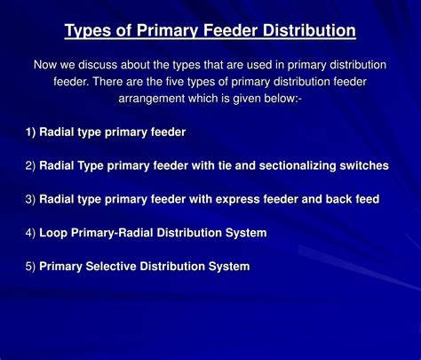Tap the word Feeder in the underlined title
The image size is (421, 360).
pos(229,30)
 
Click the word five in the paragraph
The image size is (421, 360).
pos(175,82)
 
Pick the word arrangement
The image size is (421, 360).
pos(152,99)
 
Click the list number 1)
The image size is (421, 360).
pos(30,132)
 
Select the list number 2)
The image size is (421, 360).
pos(30,166)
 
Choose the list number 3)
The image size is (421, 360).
pos(30,199)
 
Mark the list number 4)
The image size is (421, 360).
pos(30,233)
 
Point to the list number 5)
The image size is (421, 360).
pos(30,267)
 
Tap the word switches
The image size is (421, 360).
pos(364,165)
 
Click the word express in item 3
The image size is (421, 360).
pos(237,200)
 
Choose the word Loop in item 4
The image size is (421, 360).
pos(53,233)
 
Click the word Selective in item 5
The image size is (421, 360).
pos(111,267)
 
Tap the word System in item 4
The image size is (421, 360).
pos(246,233)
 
